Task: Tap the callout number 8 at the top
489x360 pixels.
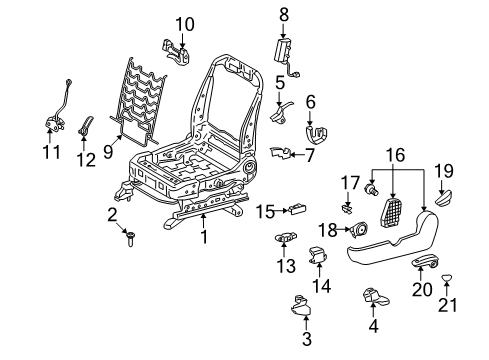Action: point(283,14)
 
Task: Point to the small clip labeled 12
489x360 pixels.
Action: point(86,125)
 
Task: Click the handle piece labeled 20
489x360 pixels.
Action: point(423,264)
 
